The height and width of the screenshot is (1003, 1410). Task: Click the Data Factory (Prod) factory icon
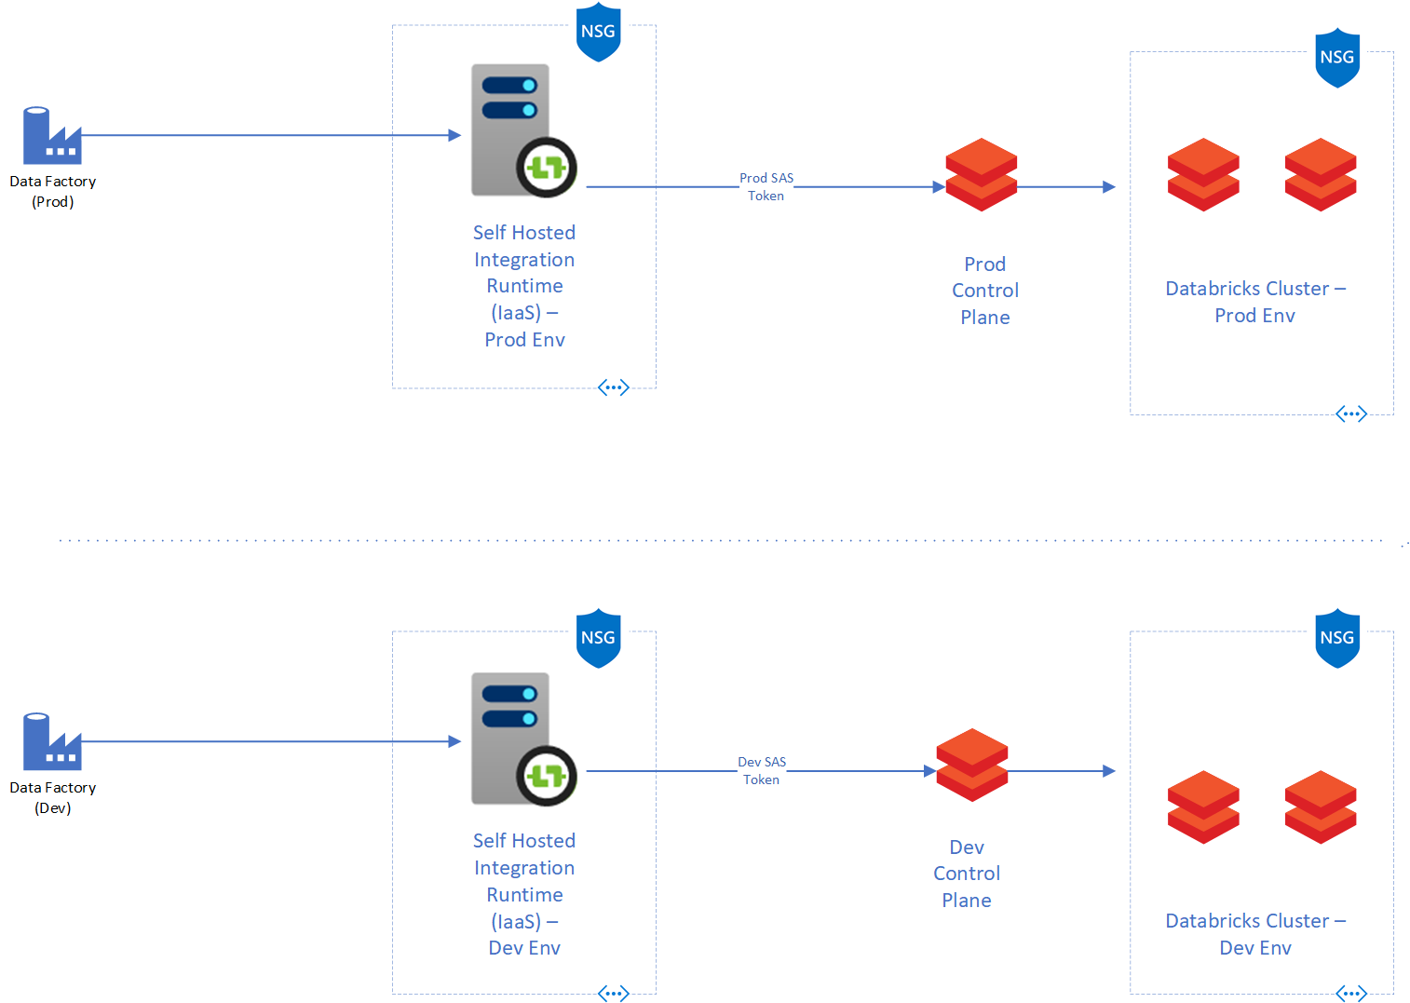click(51, 136)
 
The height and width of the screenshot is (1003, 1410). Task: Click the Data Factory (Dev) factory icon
click(51, 742)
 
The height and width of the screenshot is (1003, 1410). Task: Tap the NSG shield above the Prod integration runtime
click(598, 33)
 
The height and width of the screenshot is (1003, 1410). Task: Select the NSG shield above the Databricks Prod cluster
click(1336, 58)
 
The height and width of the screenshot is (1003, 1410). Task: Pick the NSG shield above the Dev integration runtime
click(598, 639)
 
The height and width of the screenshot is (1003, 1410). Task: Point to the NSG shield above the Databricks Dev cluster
click(1336, 639)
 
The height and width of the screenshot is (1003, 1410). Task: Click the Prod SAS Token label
click(766, 186)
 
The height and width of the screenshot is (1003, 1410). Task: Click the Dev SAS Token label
click(762, 770)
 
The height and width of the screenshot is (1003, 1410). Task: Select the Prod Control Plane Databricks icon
click(981, 175)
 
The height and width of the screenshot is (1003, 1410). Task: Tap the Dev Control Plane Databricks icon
click(971, 765)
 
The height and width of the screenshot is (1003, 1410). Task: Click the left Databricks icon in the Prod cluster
click(1203, 175)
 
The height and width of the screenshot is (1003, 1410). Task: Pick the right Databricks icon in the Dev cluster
click(1320, 807)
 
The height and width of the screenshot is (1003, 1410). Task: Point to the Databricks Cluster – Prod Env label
click(1254, 302)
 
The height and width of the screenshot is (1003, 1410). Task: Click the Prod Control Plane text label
click(984, 291)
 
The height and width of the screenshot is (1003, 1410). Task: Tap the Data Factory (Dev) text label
click(52, 797)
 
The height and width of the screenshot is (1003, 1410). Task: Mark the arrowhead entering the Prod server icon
click(454, 135)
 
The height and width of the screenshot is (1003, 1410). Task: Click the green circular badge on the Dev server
click(547, 776)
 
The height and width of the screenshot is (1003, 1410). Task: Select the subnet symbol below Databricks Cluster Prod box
click(1350, 413)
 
